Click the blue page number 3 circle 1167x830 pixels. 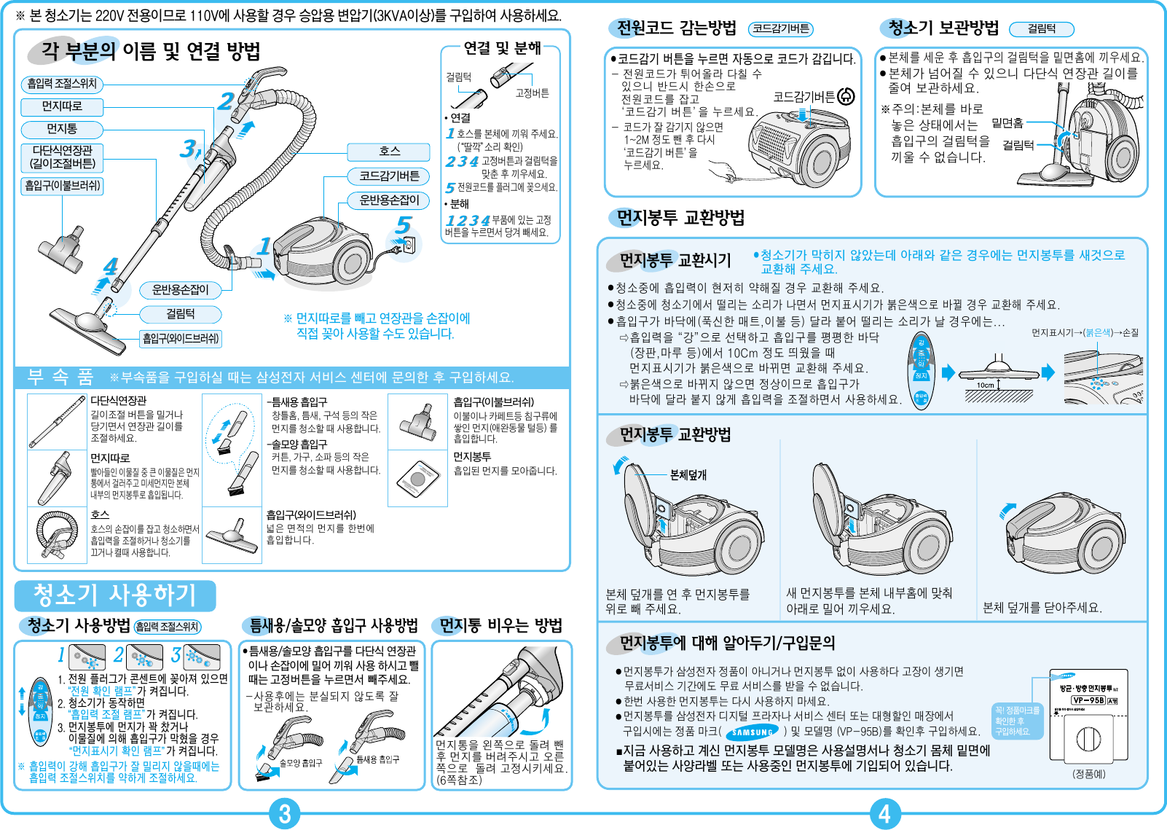tap(285, 814)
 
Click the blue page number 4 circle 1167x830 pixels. tap(884, 814)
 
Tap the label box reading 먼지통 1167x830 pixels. tap(62, 129)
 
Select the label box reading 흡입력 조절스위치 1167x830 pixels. tap(62, 84)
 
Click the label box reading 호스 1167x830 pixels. tap(389, 152)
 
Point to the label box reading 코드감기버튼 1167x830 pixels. tap(389, 176)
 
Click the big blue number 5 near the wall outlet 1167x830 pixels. tap(404, 225)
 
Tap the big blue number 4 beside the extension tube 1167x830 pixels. tap(110, 267)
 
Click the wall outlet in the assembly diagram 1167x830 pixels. tap(409, 245)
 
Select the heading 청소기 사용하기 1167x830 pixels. tap(115, 595)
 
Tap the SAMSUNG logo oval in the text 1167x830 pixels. tap(753, 732)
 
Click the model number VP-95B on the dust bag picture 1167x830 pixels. tap(1088, 700)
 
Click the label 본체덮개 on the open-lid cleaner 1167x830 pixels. tap(688, 475)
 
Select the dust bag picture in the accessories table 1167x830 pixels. tap(417, 479)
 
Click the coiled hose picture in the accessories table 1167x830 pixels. tap(57, 536)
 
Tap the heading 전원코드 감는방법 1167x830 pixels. tap(677, 28)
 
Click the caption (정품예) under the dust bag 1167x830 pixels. tap(1088, 774)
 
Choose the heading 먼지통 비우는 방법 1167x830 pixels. tap(500, 625)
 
